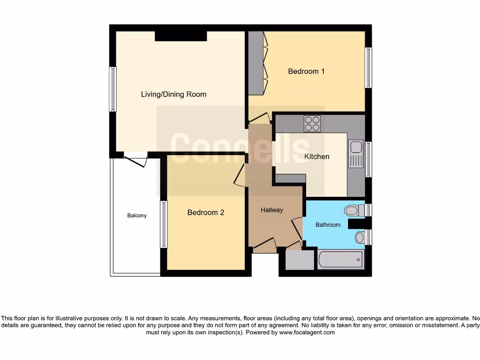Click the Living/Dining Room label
point(173,94)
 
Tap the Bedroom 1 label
point(306,71)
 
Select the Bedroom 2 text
point(205,212)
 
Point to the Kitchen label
point(317,156)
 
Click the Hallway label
point(272,210)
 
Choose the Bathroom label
point(328,225)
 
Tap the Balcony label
point(137,216)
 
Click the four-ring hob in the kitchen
point(312,123)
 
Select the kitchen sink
point(355,153)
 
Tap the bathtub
point(341,260)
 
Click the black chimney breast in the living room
point(181,36)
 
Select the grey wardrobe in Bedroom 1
point(255,62)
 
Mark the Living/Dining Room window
point(112,89)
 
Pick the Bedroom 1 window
point(368,67)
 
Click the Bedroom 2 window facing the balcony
point(164,224)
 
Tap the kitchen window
point(368,159)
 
